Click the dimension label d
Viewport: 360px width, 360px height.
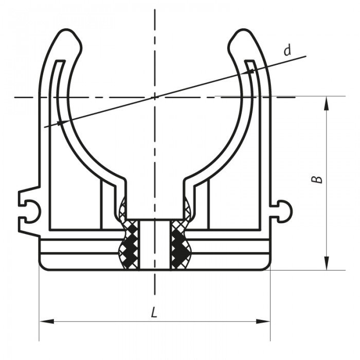tap(288, 50)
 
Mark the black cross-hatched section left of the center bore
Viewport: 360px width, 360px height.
tap(131, 244)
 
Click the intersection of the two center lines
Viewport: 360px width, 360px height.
tap(154, 97)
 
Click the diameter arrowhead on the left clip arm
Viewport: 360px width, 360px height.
tap(61, 122)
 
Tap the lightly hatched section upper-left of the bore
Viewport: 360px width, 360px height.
tap(123, 208)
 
